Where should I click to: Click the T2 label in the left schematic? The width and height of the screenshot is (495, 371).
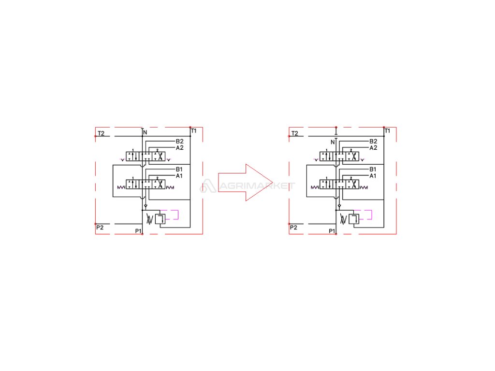[x=101, y=133]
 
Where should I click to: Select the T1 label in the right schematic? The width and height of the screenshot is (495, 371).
[x=387, y=131]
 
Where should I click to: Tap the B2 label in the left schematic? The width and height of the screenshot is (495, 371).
[x=179, y=142]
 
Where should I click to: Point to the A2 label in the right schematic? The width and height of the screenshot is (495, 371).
[x=373, y=148]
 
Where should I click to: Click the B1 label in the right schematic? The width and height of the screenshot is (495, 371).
[x=373, y=170]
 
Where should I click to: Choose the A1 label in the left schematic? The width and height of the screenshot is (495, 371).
[x=179, y=176]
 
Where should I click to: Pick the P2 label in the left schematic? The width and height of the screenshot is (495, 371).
[x=100, y=227]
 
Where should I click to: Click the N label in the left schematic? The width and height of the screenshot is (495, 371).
[x=145, y=132]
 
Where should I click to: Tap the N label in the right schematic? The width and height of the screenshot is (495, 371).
[x=333, y=142]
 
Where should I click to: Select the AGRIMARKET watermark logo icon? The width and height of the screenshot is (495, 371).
[x=208, y=185]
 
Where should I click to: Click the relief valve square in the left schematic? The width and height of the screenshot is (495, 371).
[x=160, y=218]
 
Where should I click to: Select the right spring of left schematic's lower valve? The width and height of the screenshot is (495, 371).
[x=170, y=187]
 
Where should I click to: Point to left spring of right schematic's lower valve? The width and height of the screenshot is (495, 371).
[x=314, y=187]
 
